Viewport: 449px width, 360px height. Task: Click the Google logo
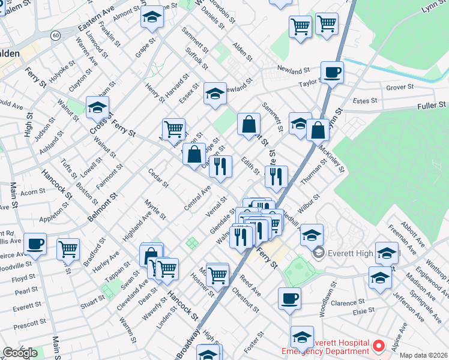[x=20, y=353]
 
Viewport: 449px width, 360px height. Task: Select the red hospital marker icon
[x=378, y=346]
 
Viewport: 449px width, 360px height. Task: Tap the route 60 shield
[x=56, y=36]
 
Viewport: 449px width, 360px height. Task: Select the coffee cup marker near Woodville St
[x=35, y=244]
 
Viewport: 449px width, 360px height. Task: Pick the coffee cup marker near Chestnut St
[x=289, y=298]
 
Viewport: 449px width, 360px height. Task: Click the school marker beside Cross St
[x=97, y=108]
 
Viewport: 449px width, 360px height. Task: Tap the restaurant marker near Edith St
[x=276, y=176]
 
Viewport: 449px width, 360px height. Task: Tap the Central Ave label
[x=197, y=199]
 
